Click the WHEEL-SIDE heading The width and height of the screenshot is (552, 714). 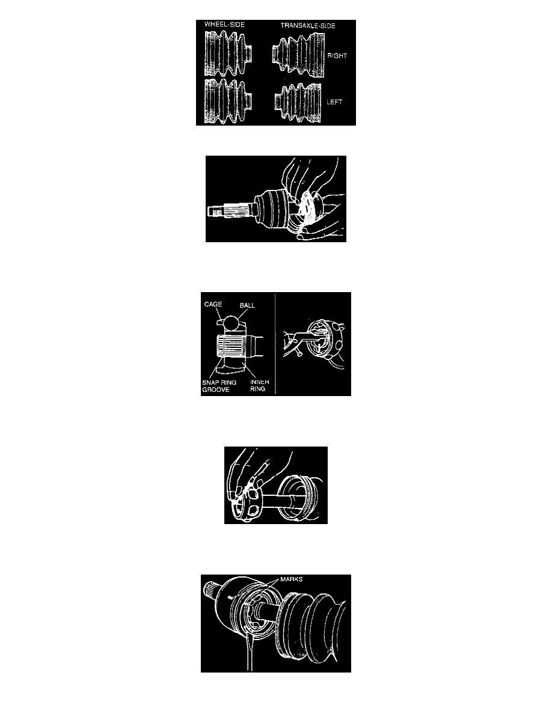(224, 25)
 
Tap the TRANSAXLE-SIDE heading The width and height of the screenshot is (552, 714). (308, 25)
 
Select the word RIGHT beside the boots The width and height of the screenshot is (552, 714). (337, 55)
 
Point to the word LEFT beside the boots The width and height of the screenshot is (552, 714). (334, 102)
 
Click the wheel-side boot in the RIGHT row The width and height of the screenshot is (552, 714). (228, 53)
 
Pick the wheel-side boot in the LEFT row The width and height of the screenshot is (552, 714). (228, 101)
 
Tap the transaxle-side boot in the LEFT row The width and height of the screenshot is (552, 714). (298, 103)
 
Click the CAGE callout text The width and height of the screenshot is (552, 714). (213, 304)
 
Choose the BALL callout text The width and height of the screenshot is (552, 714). (247, 305)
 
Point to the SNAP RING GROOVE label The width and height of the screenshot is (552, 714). (219, 386)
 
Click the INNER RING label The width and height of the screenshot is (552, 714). (260, 385)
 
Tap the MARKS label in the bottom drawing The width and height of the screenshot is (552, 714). (292, 579)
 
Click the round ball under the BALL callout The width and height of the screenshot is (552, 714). (232, 322)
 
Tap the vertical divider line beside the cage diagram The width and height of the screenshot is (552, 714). (275, 344)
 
